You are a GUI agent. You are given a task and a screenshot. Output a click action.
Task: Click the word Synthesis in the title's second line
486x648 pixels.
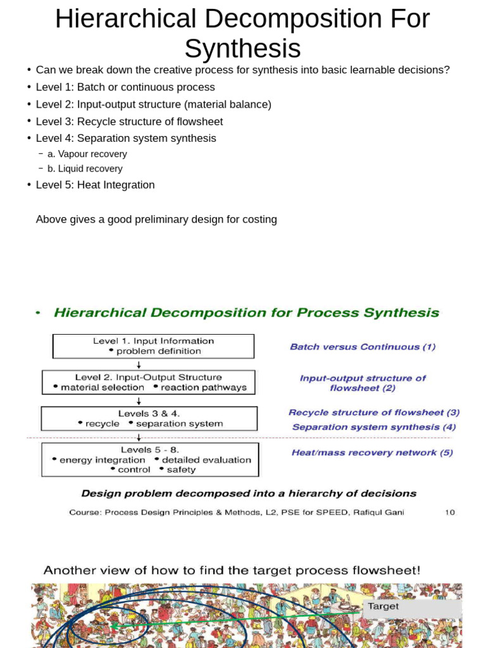(x=242, y=48)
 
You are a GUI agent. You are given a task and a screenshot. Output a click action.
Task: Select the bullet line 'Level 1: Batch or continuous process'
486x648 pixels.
(x=125, y=87)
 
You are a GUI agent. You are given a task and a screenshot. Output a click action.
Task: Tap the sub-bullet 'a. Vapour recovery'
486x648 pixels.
(x=87, y=154)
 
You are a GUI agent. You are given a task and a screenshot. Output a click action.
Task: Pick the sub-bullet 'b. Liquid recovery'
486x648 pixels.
(x=85, y=169)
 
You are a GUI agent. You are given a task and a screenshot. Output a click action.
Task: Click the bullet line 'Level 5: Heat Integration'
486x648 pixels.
(x=95, y=185)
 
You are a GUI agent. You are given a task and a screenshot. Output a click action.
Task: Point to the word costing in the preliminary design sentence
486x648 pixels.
(x=256, y=220)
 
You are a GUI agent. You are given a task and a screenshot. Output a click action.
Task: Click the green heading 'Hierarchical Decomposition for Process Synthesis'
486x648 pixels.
(x=246, y=313)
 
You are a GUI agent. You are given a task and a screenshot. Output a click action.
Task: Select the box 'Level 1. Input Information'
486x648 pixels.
(x=153, y=346)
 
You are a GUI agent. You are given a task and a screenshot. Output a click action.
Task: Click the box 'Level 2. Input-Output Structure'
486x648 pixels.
(x=149, y=382)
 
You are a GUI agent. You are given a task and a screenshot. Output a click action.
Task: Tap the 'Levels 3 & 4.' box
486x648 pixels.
(x=149, y=418)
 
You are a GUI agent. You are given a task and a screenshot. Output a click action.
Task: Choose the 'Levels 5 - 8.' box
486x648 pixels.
(x=150, y=459)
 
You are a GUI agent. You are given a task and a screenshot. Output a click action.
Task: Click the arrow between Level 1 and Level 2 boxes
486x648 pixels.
(x=139, y=364)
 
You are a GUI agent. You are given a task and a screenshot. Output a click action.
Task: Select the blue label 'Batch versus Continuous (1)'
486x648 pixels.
(x=363, y=347)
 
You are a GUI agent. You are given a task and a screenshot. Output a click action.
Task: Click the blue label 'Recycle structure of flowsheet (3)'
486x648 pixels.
(x=374, y=413)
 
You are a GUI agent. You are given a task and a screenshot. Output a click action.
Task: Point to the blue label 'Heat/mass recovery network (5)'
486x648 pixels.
(x=372, y=452)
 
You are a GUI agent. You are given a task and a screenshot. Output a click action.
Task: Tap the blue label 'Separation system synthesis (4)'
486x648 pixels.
(x=373, y=427)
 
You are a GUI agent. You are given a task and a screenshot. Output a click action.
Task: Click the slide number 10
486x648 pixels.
(x=449, y=513)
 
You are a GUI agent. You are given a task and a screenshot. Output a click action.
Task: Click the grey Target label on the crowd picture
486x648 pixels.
(x=383, y=606)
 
